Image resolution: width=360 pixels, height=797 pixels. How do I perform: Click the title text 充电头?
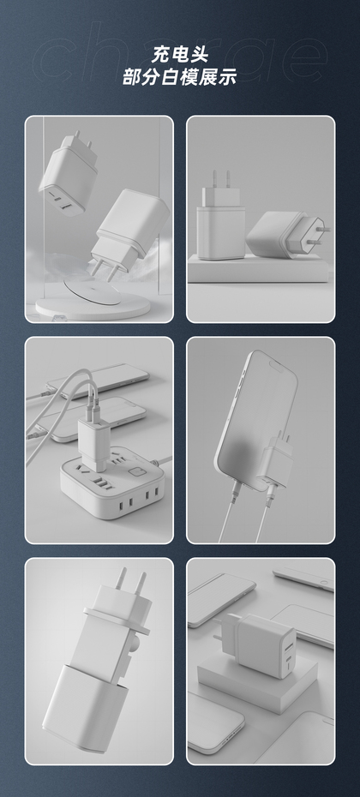pos(180,54)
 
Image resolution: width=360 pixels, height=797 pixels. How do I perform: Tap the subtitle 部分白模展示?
pos(180,76)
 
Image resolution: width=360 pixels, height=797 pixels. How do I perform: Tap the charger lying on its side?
pos(285,234)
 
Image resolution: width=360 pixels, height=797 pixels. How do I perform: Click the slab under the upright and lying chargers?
pos(258,269)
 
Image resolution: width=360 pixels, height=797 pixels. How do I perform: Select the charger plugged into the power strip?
pos(94,442)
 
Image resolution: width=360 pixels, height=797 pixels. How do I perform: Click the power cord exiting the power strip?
pos(163,461)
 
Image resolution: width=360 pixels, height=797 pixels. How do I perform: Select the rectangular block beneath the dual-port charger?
pos(257,680)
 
